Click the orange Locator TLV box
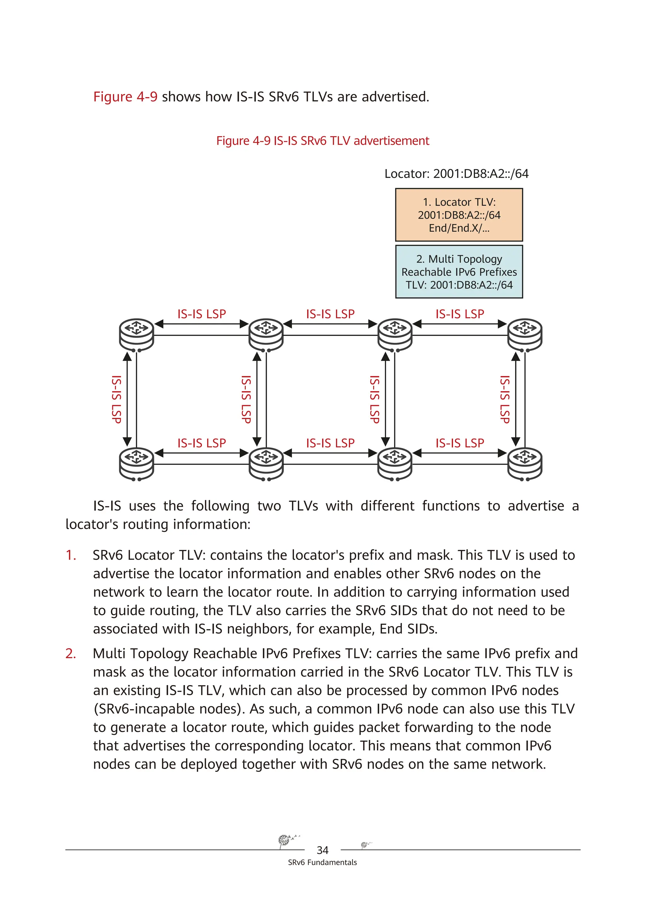[x=459, y=215]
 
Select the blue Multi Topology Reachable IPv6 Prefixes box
[x=459, y=272]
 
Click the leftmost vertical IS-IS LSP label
[x=116, y=399]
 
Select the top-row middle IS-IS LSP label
[x=330, y=314]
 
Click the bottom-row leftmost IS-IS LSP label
[x=201, y=443]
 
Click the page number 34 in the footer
[x=322, y=850]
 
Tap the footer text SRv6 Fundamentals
[x=322, y=862]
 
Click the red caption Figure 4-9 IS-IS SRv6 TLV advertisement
[x=322, y=141]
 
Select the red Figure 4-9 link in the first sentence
[x=125, y=97]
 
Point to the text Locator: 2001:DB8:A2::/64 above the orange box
[x=456, y=174]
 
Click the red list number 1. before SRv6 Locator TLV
[x=71, y=555]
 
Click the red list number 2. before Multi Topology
[x=71, y=654]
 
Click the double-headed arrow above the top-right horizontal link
[x=460, y=324]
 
